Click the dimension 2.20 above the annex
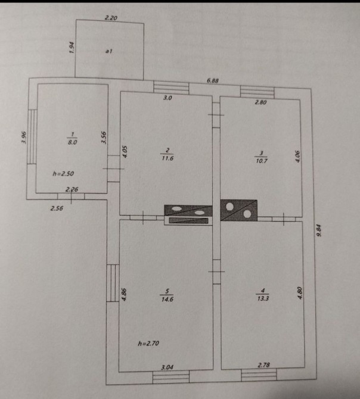coord(111,18)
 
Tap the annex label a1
coord(109,52)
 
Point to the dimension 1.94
coord(71,48)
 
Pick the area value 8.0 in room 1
coord(71,142)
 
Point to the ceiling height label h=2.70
coord(149,344)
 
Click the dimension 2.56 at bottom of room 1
coord(57,209)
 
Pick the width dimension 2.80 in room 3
coord(261,103)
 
